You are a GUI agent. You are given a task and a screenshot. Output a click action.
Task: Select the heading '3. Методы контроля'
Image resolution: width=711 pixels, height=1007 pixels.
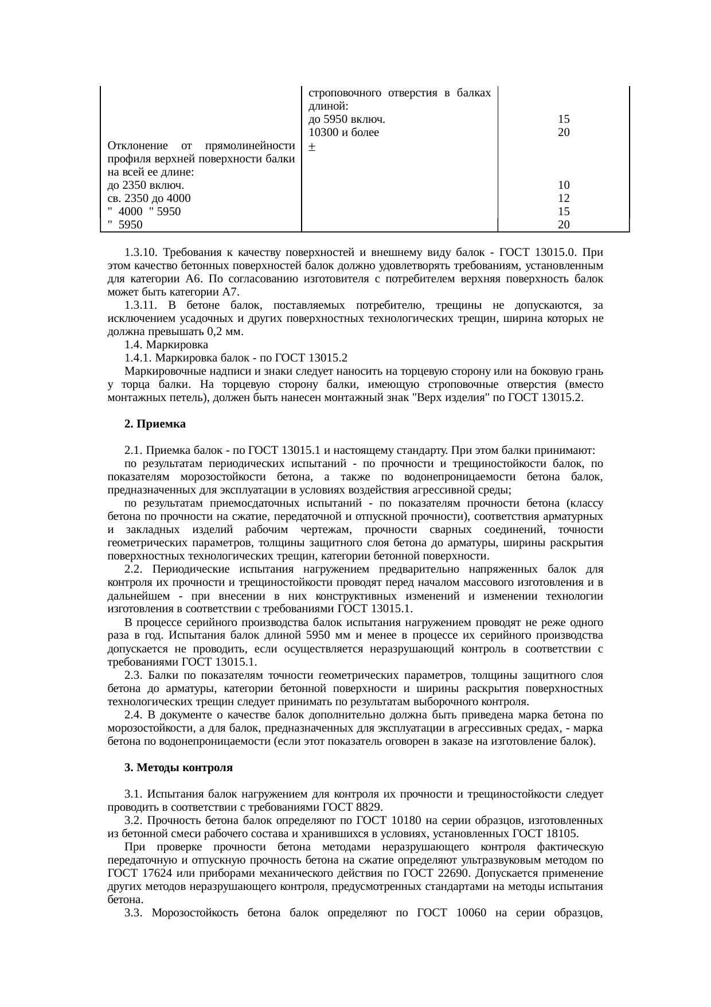tap(178, 767)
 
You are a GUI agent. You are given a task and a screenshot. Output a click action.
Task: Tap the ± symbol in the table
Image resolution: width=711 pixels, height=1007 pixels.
tap(310, 146)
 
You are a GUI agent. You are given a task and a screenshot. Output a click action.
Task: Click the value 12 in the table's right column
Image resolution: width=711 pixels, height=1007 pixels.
tap(564, 199)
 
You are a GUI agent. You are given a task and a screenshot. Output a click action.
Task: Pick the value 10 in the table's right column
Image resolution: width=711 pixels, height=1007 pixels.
tap(564, 185)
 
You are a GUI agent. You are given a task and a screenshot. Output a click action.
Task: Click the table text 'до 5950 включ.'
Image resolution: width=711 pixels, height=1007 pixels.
tap(346, 120)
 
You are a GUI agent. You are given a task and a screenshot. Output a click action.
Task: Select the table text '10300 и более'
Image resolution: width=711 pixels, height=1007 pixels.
tap(343, 133)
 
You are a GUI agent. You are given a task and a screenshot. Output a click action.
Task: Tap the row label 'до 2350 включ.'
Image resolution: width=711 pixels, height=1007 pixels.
tap(146, 185)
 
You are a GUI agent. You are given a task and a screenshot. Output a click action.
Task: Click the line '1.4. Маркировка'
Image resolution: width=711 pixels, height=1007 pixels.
tap(166, 345)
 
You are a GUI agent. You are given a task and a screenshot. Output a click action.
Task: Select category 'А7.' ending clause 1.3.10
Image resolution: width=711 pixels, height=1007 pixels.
tap(231, 292)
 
